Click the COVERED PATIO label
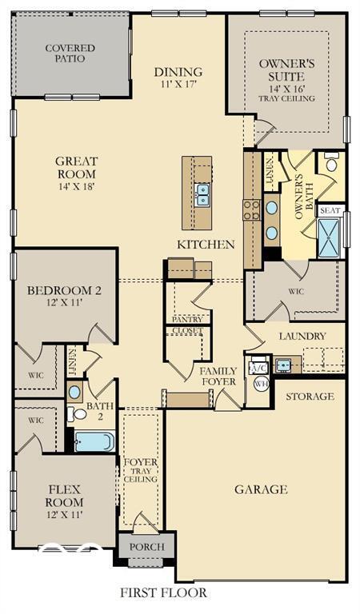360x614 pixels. coord(70,54)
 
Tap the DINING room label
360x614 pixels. coord(178,77)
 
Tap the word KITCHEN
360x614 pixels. coord(206,245)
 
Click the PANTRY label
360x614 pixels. coord(187,320)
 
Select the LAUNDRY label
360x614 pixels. coord(302,337)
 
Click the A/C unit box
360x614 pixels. coord(259,368)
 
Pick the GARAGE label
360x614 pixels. coord(261,489)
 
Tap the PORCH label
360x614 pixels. coord(146,547)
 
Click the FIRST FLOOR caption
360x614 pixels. coord(163,592)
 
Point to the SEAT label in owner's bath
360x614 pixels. coord(330,210)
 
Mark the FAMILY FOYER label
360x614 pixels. coord(218,377)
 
